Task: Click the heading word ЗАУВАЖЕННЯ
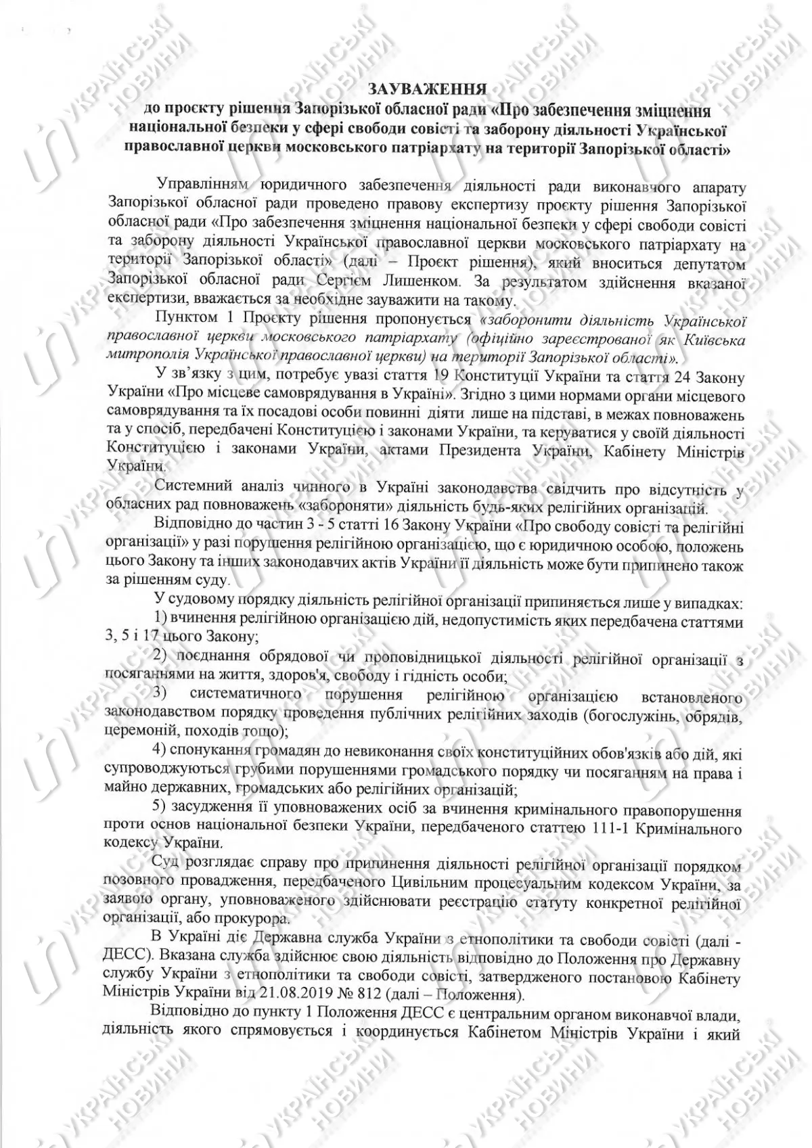tap(427, 89)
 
